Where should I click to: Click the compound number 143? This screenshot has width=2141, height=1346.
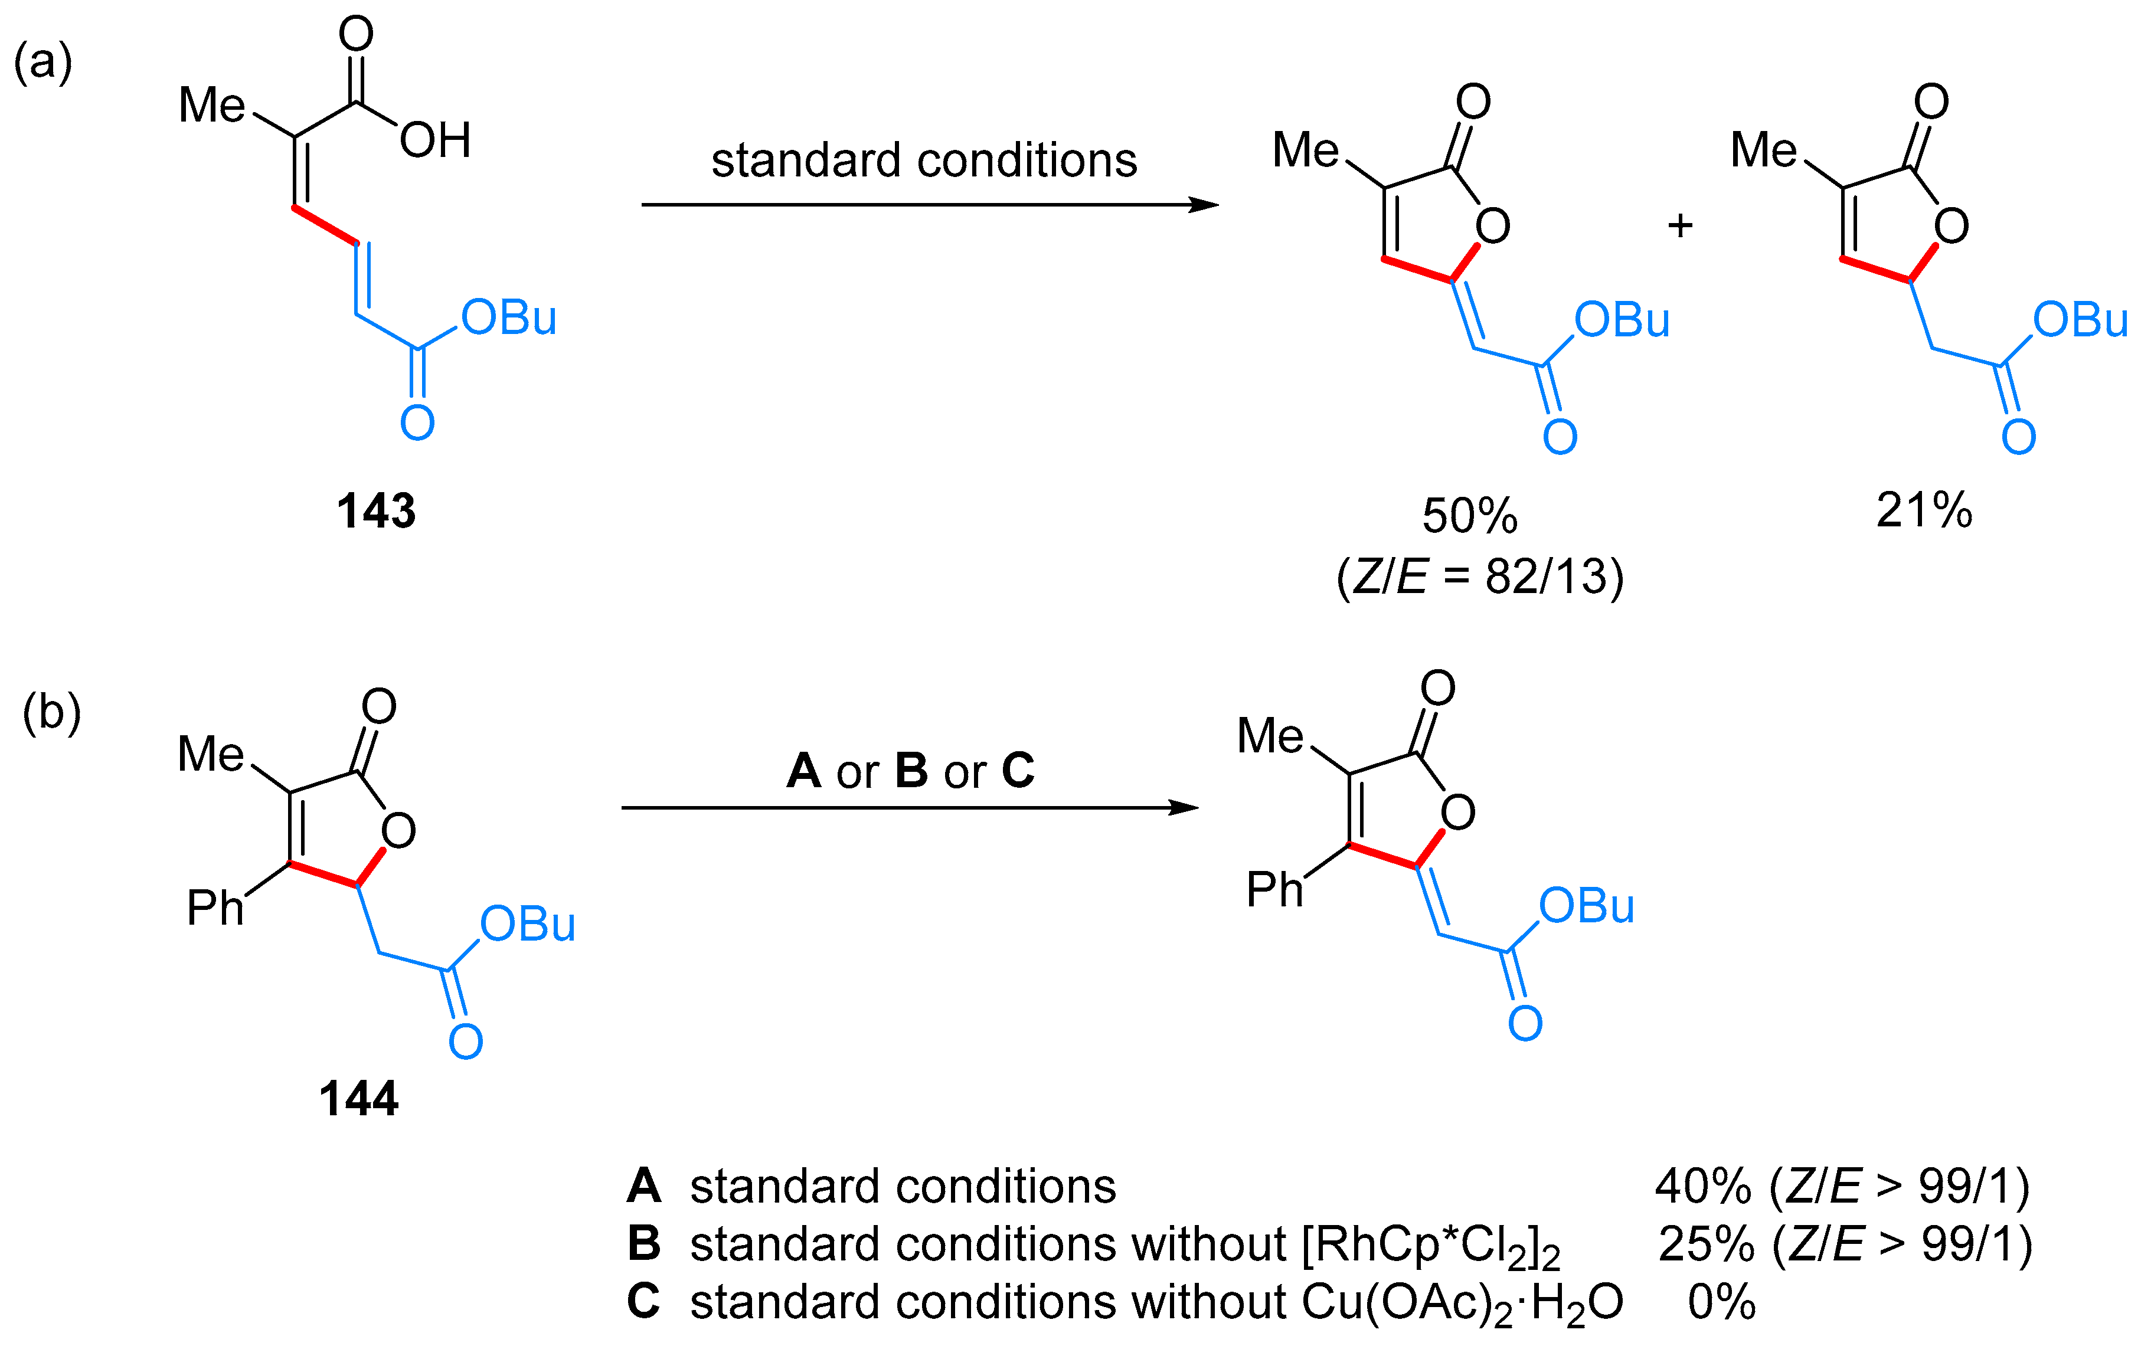376,511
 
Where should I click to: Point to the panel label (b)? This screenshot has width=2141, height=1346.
51,712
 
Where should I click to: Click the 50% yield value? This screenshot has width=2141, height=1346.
1470,516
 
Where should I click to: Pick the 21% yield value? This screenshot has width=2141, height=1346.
1924,510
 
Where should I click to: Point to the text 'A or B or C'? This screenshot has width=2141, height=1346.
910,771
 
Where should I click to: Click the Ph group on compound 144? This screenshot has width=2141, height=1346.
214,908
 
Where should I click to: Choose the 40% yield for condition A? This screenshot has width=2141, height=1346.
1702,1186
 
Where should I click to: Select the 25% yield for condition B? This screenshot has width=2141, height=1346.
1705,1244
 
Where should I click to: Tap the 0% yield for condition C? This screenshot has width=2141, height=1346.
1721,1302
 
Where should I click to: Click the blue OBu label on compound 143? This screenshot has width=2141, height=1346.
509,318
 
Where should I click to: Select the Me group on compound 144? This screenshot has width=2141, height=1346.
211,754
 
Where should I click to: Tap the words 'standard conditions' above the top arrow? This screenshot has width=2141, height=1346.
924,161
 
